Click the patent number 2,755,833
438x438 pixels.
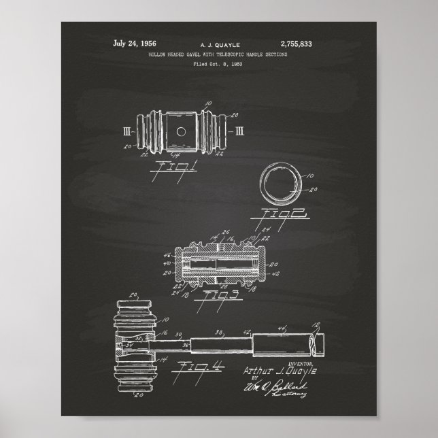[296, 44]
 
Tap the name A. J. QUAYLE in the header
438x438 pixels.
[218, 44]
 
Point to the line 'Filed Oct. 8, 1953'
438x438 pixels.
[218, 63]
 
